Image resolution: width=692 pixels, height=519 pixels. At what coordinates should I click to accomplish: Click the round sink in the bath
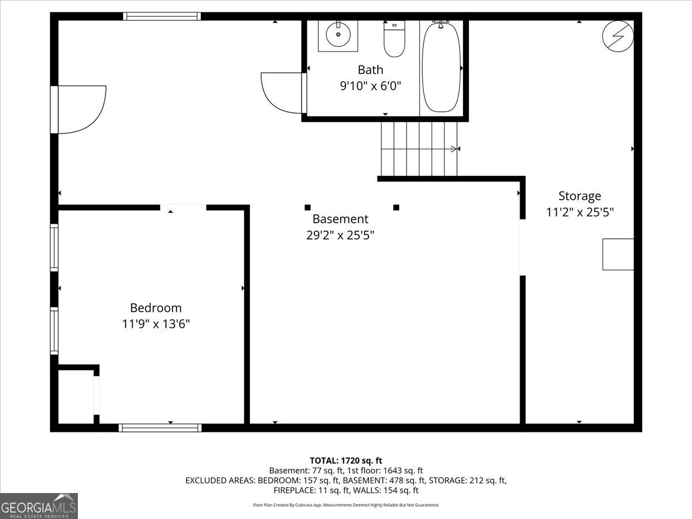[338, 35]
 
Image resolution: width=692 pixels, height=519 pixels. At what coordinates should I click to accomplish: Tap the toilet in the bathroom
[394, 39]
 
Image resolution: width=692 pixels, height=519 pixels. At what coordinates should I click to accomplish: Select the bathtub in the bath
[441, 67]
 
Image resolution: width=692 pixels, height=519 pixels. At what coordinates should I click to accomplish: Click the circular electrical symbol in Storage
[618, 36]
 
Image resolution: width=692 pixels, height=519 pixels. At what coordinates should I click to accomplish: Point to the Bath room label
[370, 70]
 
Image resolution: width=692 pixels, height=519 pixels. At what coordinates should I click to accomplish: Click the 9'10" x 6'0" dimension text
[370, 86]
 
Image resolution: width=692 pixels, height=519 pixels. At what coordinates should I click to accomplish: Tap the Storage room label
[580, 196]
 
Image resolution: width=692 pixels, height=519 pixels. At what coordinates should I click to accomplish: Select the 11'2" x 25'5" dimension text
[580, 212]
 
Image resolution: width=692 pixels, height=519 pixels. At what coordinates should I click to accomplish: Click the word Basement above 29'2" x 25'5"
[340, 219]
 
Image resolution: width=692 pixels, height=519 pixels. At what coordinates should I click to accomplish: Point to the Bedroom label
[156, 308]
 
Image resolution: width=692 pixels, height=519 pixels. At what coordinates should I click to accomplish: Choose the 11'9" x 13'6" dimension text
[156, 324]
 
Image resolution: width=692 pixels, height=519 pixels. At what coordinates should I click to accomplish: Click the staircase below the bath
[419, 149]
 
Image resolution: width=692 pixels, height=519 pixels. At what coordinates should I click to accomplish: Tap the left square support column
[308, 208]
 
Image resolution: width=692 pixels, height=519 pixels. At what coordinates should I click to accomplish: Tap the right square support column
[396, 208]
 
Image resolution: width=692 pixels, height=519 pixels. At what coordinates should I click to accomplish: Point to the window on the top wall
[161, 16]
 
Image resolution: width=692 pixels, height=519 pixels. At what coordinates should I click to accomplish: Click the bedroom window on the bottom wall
[160, 428]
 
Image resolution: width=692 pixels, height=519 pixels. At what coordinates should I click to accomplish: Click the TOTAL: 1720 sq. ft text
[346, 461]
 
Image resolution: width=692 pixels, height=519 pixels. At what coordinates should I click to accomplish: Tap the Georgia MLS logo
[39, 506]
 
